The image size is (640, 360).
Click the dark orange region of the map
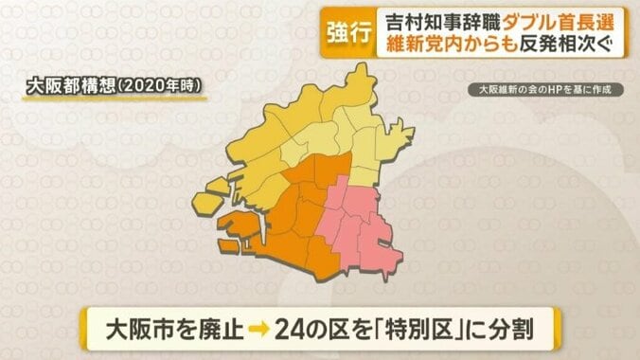pos(303,213)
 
